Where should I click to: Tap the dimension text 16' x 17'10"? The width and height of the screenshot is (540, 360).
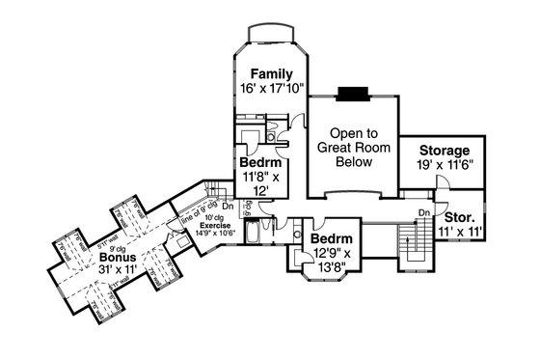click(x=272, y=89)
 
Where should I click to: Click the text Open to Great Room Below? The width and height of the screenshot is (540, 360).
click(x=353, y=149)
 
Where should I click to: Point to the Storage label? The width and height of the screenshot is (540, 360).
click(x=444, y=152)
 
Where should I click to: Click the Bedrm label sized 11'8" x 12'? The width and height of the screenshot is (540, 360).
click(x=257, y=163)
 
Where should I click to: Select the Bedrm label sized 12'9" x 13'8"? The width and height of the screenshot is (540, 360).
click(x=330, y=238)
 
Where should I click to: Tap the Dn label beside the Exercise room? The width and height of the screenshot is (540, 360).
click(x=229, y=204)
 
